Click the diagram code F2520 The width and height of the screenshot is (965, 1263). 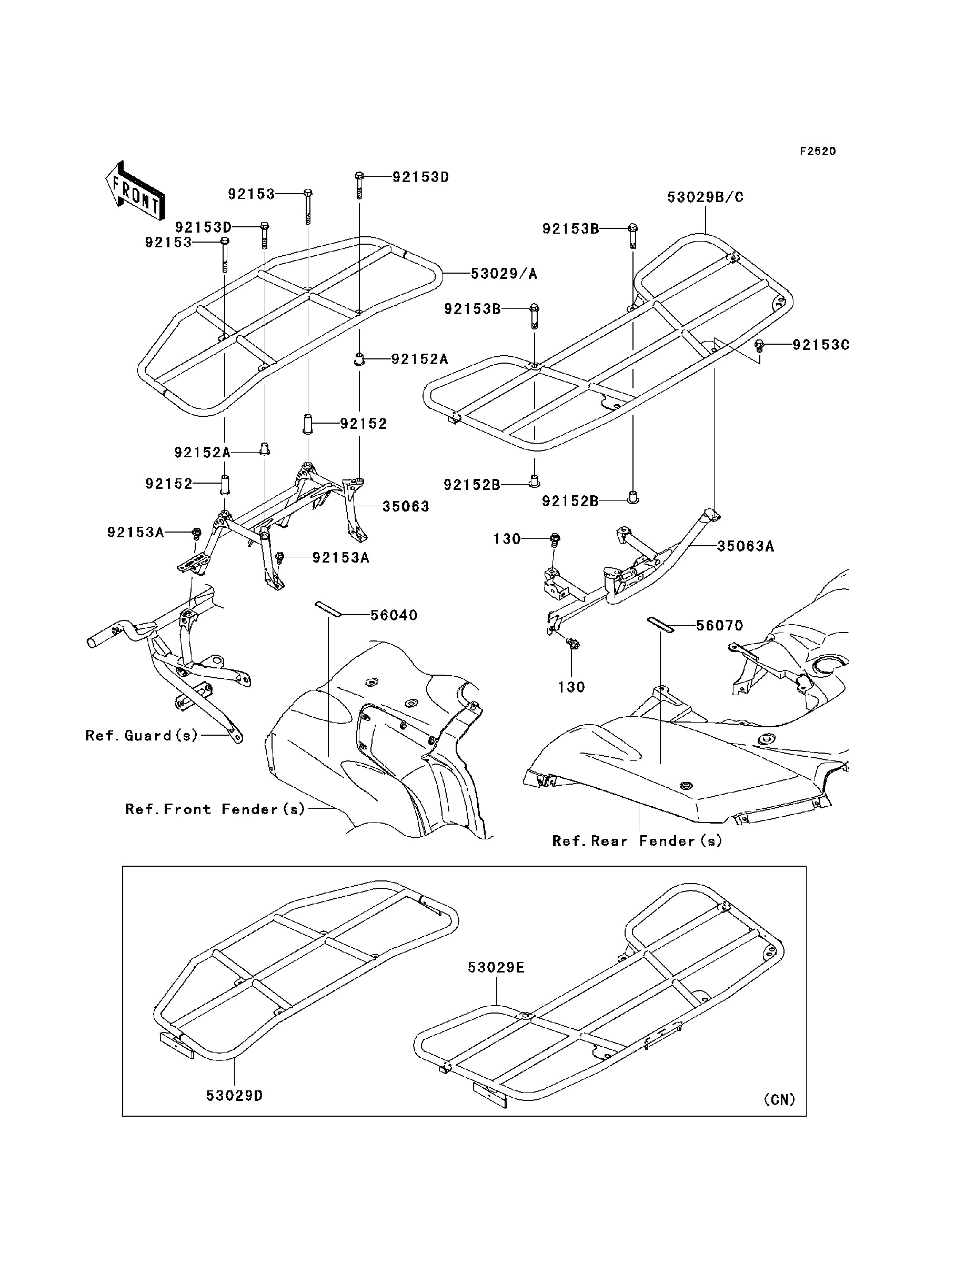click(x=818, y=152)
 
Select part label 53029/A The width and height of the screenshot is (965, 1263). click(x=504, y=274)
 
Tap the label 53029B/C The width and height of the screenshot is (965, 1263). click(x=706, y=197)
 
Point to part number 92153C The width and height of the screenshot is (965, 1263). click(x=821, y=345)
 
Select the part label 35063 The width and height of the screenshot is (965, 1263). click(x=406, y=507)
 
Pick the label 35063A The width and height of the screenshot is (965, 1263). click(x=745, y=546)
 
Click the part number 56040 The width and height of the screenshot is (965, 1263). click(x=394, y=616)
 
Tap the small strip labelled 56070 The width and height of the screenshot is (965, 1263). click(x=660, y=625)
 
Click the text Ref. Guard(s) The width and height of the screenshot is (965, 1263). click(x=142, y=736)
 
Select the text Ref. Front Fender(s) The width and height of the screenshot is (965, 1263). click(x=215, y=809)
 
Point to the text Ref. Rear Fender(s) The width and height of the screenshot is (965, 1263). click(x=637, y=841)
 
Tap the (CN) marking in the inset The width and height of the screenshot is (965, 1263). click(x=779, y=1099)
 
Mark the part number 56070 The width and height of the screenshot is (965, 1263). click(x=719, y=626)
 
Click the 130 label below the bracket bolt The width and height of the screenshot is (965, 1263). click(x=571, y=687)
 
